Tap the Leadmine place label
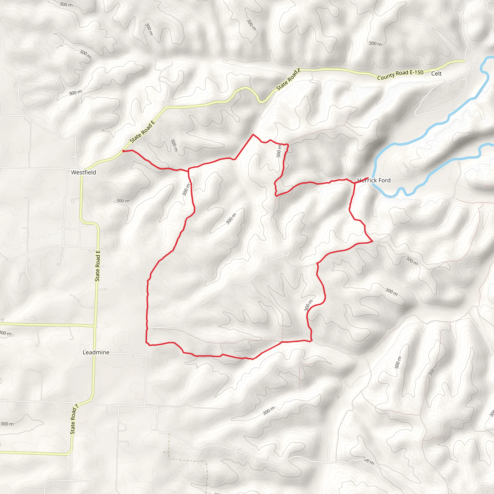(x=96, y=352)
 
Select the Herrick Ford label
(x=374, y=180)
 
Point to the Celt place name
(x=436, y=74)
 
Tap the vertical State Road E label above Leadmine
(x=97, y=266)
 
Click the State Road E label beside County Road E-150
(x=288, y=80)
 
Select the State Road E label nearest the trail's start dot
(x=142, y=132)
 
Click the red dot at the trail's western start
(x=123, y=151)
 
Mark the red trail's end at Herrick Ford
(x=368, y=178)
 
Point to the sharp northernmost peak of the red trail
(x=253, y=134)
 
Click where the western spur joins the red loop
(x=188, y=169)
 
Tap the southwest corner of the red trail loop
(x=146, y=342)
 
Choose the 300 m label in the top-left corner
(x=66, y=4)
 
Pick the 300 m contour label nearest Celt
(x=375, y=44)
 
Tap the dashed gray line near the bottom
(x=188, y=461)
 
